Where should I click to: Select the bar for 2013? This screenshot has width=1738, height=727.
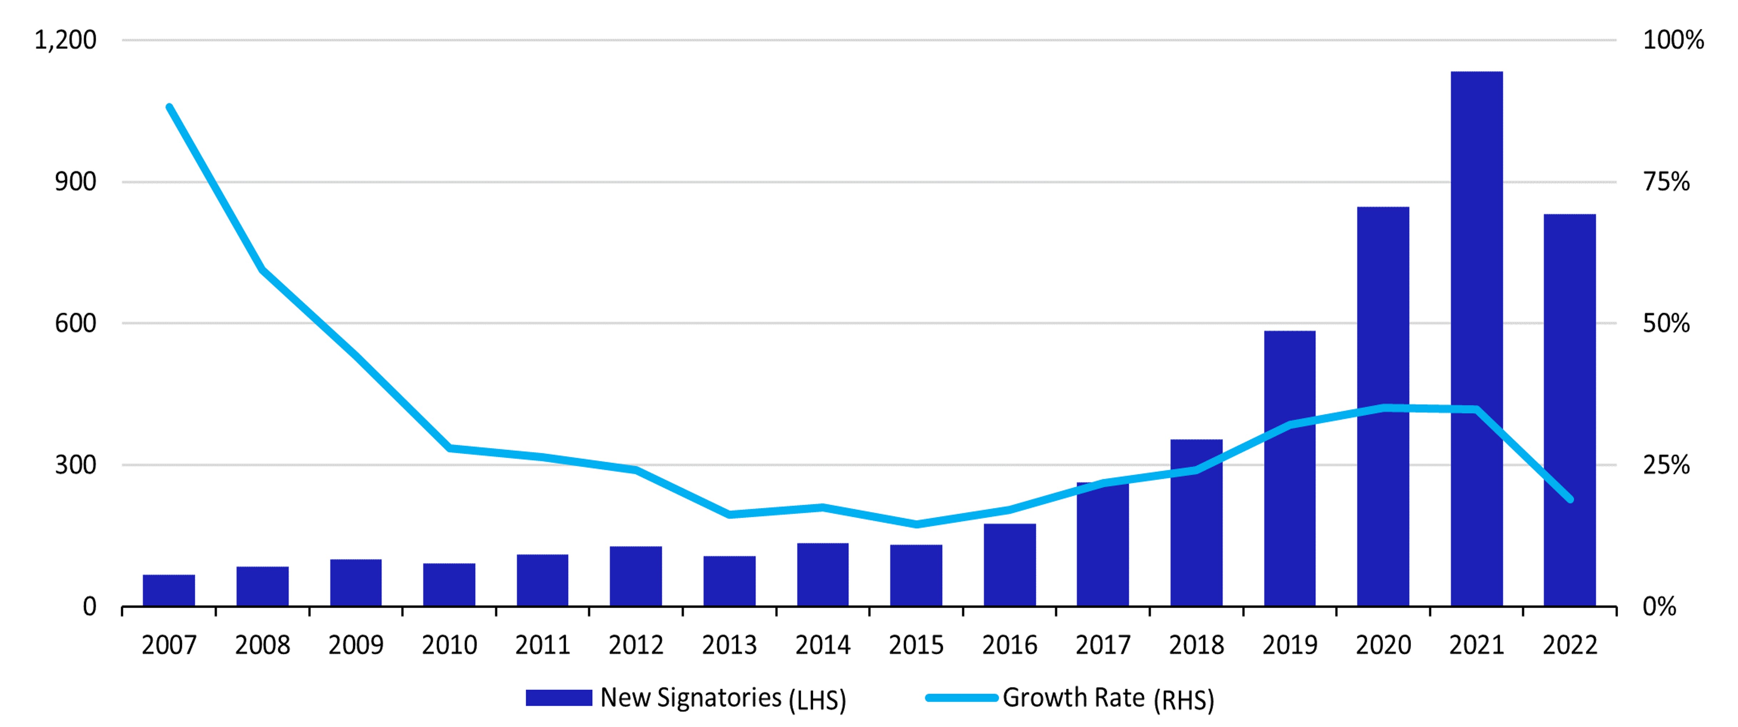coord(729,581)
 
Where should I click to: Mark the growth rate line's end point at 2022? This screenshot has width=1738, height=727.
coord(1570,499)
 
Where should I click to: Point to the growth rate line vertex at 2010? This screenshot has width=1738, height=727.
coord(449,448)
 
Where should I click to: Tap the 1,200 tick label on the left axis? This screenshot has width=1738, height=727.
coord(65,40)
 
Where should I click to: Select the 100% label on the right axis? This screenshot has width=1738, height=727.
coord(1673,40)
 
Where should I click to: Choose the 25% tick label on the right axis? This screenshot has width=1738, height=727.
coord(1666,465)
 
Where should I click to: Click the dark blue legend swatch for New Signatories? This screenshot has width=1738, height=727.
coord(559,697)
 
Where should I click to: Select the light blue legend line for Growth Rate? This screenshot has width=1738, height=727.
coord(961,697)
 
